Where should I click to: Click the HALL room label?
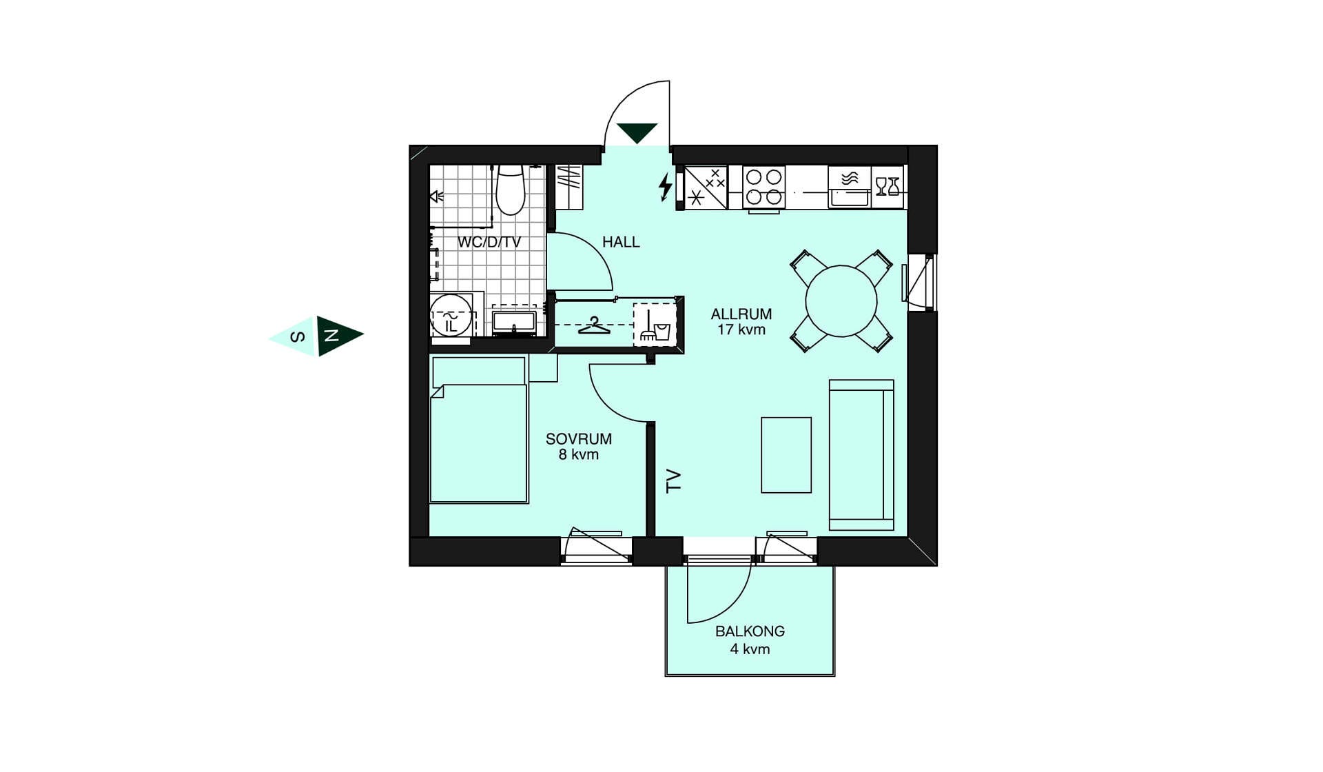(x=621, y=242)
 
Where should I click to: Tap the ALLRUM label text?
(x=741, y=314)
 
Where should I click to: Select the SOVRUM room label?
(x=579, y=439)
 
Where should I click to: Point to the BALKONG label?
(x=750, y=631)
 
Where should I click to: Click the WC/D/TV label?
(x=489, y=242)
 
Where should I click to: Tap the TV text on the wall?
(x=673, y=480)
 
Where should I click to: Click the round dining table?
(x=841, y=301)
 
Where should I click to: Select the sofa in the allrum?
(x=861, y=455)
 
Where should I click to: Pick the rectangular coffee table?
(x=786, y=455)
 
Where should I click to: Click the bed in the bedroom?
(x=479, y=429)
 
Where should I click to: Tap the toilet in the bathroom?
(x=511, y=190)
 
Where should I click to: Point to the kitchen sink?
(x=850, y=187)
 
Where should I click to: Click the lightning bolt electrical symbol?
(x=665, y=187)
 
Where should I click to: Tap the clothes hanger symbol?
(x=594, y=325)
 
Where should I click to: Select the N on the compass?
(x=332, y=336)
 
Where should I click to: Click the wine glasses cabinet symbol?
(x=888, y=187)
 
